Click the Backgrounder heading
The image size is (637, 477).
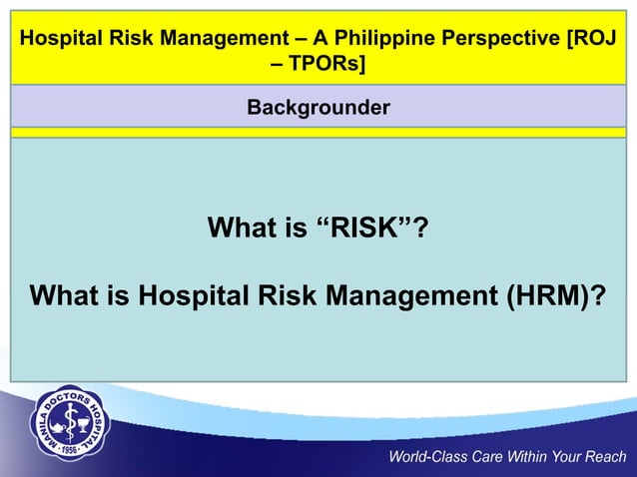coord(318,106)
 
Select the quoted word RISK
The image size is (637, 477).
coord(363,231)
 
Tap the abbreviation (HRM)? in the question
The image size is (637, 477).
coord(550,297)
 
